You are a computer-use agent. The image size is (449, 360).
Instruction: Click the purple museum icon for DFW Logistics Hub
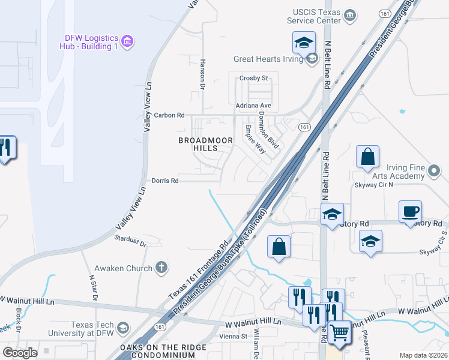pos(127,41)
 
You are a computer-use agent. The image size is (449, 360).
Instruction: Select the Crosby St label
pos(253,78)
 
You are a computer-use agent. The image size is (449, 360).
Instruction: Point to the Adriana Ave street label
pos(254,106)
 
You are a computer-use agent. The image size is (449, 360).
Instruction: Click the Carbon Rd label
pos(169,115)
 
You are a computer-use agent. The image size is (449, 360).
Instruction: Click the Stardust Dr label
pos(130,241)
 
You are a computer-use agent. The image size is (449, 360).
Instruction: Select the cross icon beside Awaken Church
pos(160,268)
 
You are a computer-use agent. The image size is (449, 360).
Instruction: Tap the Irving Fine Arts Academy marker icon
pos(435,174)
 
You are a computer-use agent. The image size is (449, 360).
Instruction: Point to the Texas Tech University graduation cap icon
pos(122,328)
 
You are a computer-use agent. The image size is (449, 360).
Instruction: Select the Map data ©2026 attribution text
pos(423,355)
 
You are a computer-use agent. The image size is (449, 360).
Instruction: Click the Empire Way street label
pos(255,139)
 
